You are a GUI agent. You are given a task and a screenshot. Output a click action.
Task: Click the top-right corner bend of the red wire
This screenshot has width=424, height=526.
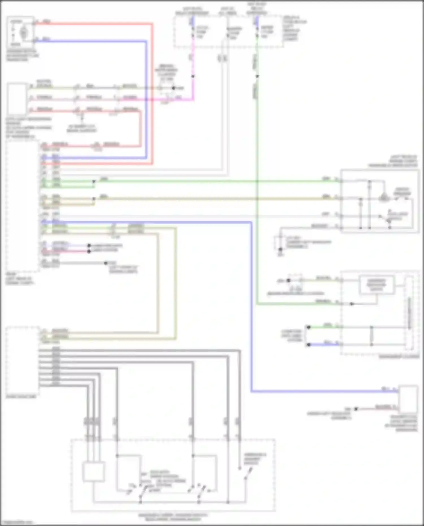pos(152,24)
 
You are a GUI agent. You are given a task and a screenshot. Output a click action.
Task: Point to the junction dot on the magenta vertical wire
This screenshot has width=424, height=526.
pos(193,76)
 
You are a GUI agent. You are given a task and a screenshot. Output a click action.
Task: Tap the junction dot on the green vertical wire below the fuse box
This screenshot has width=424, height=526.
pos(257,76)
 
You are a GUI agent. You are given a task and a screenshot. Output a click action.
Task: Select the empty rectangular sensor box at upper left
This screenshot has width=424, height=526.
pos(17,98)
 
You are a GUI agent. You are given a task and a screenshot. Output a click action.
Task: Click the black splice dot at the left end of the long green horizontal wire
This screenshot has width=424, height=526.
pos(94,181)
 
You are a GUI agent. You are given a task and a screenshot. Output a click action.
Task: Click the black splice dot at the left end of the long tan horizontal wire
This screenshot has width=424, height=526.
pos(94,199)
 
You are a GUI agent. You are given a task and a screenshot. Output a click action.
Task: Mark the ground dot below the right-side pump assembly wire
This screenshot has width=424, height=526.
pos(280,249)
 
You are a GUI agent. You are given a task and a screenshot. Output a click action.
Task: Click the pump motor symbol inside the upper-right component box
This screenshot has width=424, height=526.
pos(384,197)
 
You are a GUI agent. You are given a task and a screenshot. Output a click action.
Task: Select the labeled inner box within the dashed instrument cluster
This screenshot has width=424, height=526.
pos(377,285)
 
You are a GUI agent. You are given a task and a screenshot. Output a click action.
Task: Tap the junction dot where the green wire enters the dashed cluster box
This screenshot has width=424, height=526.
pos(352,304)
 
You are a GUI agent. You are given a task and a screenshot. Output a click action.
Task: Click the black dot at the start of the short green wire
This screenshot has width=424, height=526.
pos(309,327)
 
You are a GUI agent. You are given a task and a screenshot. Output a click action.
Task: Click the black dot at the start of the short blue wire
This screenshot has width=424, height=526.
pos(309,345)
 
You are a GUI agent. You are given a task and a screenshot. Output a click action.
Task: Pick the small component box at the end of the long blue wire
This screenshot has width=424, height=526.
pos(408,399)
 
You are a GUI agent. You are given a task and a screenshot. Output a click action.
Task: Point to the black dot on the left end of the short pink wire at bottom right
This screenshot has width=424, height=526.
pos(356,409)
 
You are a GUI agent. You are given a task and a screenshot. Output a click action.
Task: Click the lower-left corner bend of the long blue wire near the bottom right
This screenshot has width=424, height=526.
pos(251,391)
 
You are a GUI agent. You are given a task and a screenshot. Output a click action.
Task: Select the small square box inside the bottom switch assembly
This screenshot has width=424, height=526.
pos(94,471)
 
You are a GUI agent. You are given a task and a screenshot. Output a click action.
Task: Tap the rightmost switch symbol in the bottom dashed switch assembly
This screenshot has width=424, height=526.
pos(248,473)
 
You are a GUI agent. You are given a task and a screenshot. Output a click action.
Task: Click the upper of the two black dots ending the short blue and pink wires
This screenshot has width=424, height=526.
pos(89,246)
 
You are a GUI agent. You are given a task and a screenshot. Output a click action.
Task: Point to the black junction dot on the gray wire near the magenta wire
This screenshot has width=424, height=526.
pos(174,88)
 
